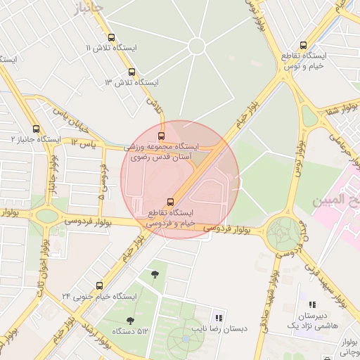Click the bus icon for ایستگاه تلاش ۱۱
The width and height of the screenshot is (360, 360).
(111, 37)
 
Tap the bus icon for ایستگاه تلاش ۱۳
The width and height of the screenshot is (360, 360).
(131, 72)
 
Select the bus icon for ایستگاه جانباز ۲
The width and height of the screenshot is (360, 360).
(37, 129)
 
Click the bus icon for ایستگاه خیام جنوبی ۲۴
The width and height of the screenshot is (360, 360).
(99, 285)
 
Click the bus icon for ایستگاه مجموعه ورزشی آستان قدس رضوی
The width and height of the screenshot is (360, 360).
(162, 136)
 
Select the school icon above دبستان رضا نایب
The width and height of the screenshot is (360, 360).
(217, 317)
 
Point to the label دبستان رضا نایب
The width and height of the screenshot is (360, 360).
(217, 329)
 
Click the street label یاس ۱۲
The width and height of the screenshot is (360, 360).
(82, 143)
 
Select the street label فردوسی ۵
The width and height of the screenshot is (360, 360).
(103, 181)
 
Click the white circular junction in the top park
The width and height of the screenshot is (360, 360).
(196, 46)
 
